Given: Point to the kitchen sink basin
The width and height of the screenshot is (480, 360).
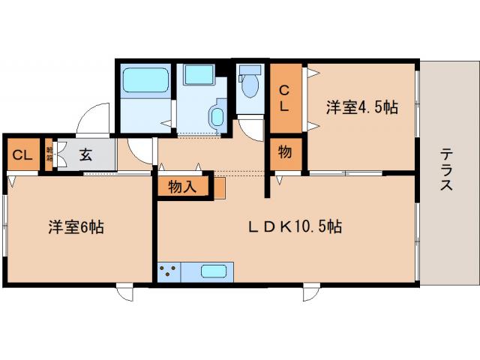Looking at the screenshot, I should coord(214,271).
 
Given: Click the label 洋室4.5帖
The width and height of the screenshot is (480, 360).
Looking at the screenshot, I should coord(361,107).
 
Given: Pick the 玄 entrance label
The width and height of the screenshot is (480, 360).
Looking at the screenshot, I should coord(85,155).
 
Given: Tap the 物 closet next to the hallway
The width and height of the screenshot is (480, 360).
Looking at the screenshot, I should coord(285,153).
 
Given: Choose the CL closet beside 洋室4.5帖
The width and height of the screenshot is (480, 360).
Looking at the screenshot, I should coord(285,98).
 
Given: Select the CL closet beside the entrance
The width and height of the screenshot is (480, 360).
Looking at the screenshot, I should coord(22,155).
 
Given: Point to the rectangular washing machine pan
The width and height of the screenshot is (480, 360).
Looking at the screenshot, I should coord(199,76).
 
